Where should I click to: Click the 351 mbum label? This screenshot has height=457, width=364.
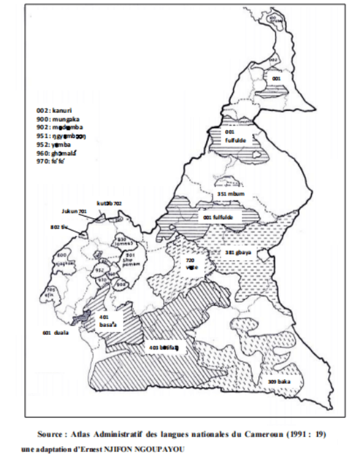230,195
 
